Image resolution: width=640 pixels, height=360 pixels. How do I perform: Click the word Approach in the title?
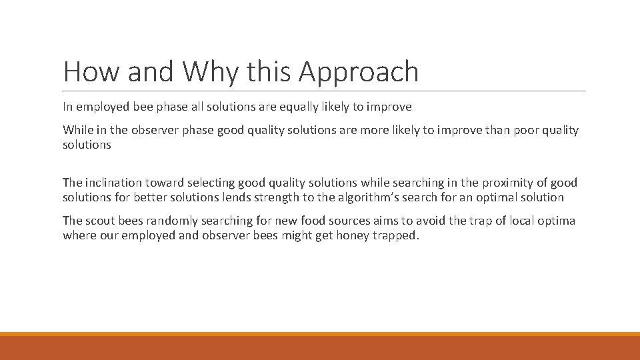(x=359, y=72)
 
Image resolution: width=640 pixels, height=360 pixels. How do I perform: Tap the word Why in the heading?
(x=204, y=72)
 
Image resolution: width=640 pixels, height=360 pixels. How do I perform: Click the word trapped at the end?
(x=395, y=235)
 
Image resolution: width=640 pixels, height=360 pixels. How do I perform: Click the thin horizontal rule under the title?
(x=324, y=91)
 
